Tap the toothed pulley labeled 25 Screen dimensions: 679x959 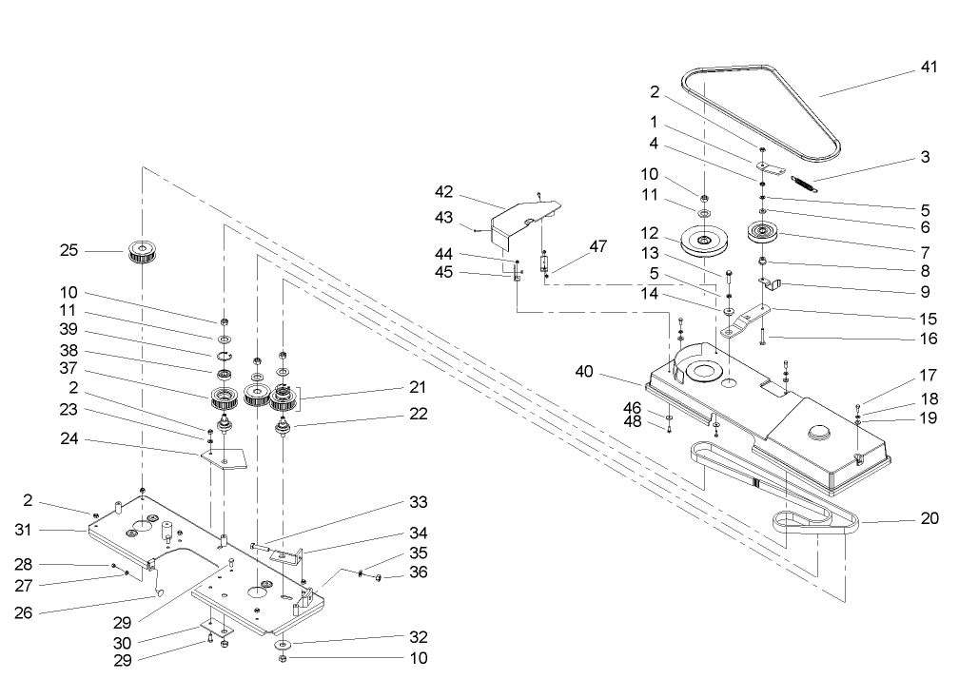[x=141, y=253]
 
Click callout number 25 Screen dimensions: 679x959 [x=68, y=251]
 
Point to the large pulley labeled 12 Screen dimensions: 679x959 [x=703, y=241]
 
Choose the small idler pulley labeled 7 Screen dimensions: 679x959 [x=763, y=232]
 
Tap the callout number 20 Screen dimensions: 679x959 [x=930, y=518]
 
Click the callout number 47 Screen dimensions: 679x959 [x=597, y=245]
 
